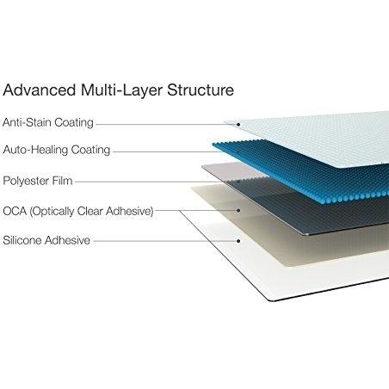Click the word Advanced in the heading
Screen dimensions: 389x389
40,90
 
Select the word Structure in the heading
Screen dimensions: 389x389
201,90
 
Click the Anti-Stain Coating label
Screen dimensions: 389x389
48,122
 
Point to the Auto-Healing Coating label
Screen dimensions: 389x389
57,150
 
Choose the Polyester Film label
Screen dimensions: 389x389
38,181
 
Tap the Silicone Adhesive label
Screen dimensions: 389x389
46,240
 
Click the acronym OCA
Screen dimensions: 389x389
15,211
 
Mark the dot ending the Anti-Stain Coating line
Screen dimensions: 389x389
238,125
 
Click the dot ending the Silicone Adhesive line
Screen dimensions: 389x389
238,241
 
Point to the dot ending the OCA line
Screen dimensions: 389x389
238,211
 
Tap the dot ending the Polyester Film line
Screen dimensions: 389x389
238,182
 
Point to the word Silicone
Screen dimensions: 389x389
22,240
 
